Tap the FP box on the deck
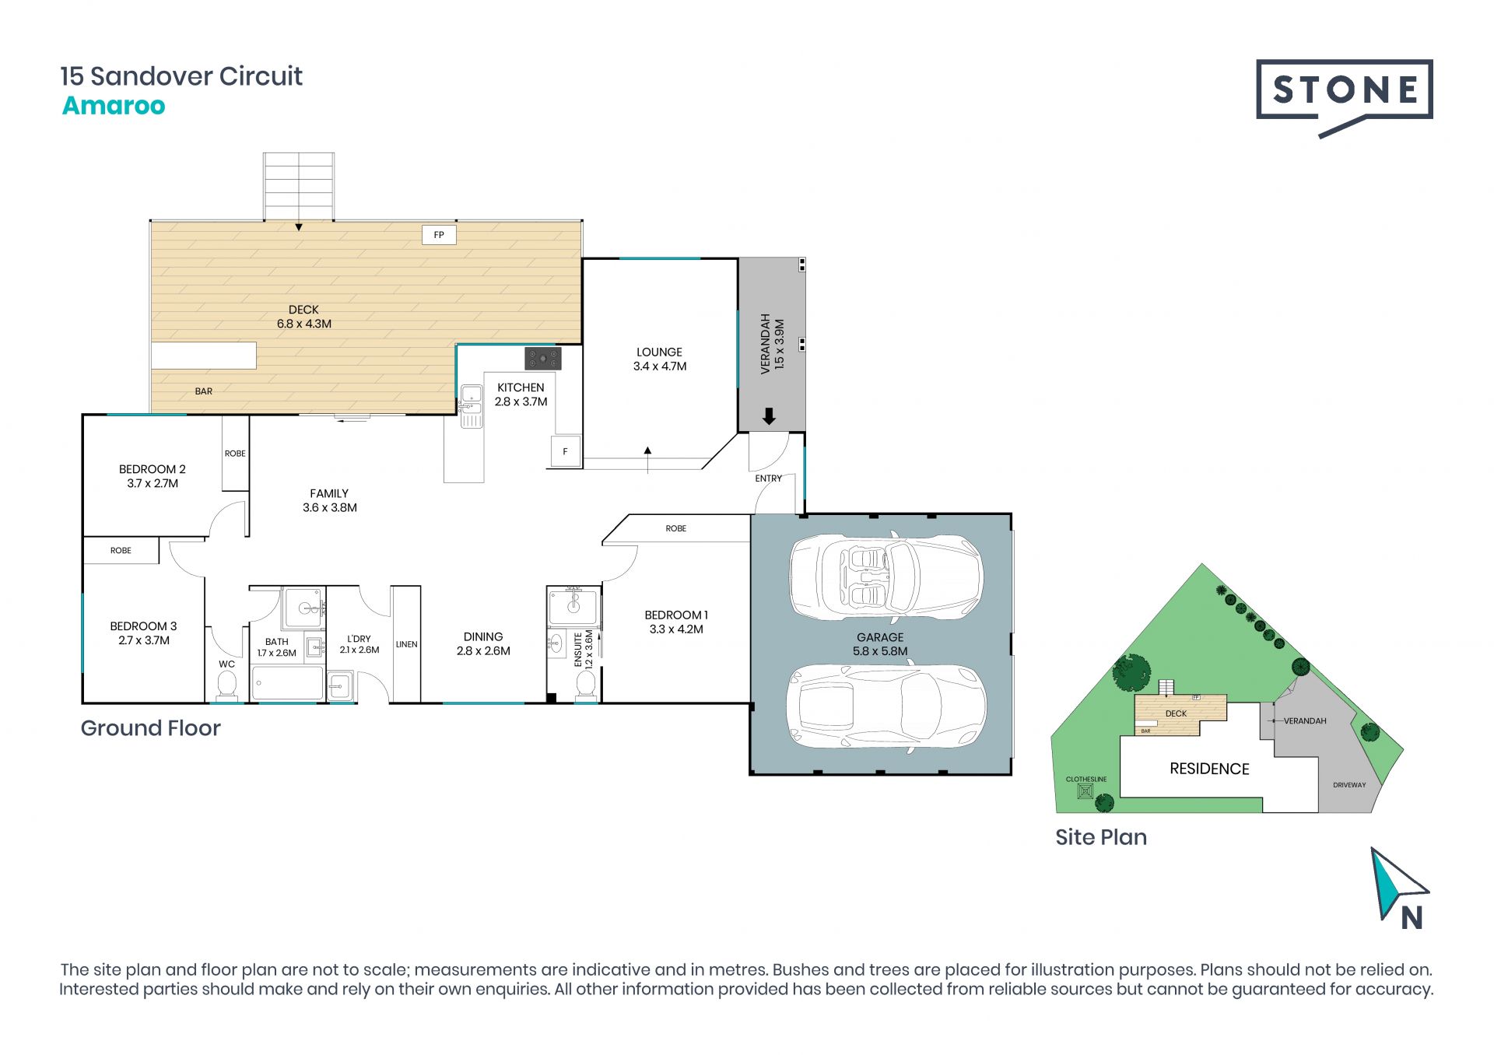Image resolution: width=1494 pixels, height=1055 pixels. coord(439,235)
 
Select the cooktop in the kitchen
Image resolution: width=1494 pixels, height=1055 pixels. coord(543,358)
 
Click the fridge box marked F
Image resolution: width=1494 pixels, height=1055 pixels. coord(566,451)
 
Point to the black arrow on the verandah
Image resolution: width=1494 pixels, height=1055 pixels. coord(769,416)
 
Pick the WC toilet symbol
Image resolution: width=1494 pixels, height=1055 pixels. coord(226,685)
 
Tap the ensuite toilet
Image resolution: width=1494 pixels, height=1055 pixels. coord(585,685)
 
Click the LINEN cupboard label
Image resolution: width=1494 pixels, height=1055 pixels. coord(406,644)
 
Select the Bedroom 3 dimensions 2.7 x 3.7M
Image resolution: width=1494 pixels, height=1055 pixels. coord(144,640)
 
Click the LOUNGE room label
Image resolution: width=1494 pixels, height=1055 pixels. coord(659,352)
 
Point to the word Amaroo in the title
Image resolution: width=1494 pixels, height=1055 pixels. coord(114,105)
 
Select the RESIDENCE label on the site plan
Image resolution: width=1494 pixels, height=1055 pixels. coord(1209,769)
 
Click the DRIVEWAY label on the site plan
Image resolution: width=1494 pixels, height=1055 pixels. coord(1349,785)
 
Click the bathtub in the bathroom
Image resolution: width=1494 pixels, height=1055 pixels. coord(287,682)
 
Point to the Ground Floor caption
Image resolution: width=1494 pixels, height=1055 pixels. coord(151,728)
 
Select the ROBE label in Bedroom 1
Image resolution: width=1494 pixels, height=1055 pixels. coord(675,528)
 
